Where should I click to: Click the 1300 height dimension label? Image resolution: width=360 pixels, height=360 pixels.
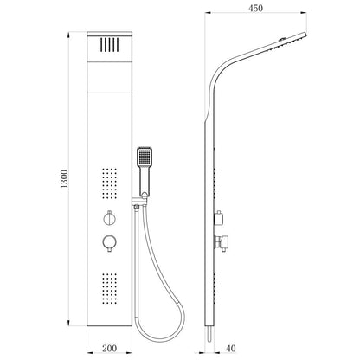pyautogui.click(x=64, y=179)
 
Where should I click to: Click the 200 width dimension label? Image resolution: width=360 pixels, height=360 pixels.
pyautogui.click(x=109, y=348)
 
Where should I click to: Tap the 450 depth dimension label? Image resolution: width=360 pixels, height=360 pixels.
pyautogui.click(x=256, y=9)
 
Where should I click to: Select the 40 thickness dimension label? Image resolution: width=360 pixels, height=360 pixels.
pyautogui.click(x=231, y=348)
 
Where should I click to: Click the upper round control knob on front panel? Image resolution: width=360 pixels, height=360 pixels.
pyautogui.click(x=110, y=218)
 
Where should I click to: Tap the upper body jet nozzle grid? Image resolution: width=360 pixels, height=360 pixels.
pyautogui.click(x=110, y=183)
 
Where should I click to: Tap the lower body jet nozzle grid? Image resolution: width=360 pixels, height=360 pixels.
pyautogui.click(x=110, y=289)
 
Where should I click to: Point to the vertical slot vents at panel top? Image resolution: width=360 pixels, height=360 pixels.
pyautogui.click(x=110, y=45)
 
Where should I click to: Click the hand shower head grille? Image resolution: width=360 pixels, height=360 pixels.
pyautogui.click(x=145, y=157)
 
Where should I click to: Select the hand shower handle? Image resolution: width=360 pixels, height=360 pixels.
pyautogui.click(x=145, y=181)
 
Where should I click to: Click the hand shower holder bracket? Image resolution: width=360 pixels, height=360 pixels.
pyautogui.click(x=140, y=201)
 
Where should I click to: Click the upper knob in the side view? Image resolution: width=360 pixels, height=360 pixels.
pyautogui.click(x=219, y=218)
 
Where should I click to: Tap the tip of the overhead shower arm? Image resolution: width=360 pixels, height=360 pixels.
pyautogui.click(x=305, y=34)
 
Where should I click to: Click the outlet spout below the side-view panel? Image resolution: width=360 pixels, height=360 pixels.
pyautogui.click(x=210, y=334)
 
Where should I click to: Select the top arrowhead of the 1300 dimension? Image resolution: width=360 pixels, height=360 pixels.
pyautogui.click(x=68, y=35)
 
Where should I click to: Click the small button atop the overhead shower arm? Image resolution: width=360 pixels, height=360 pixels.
pyautogui.click(x=282, y=39)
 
